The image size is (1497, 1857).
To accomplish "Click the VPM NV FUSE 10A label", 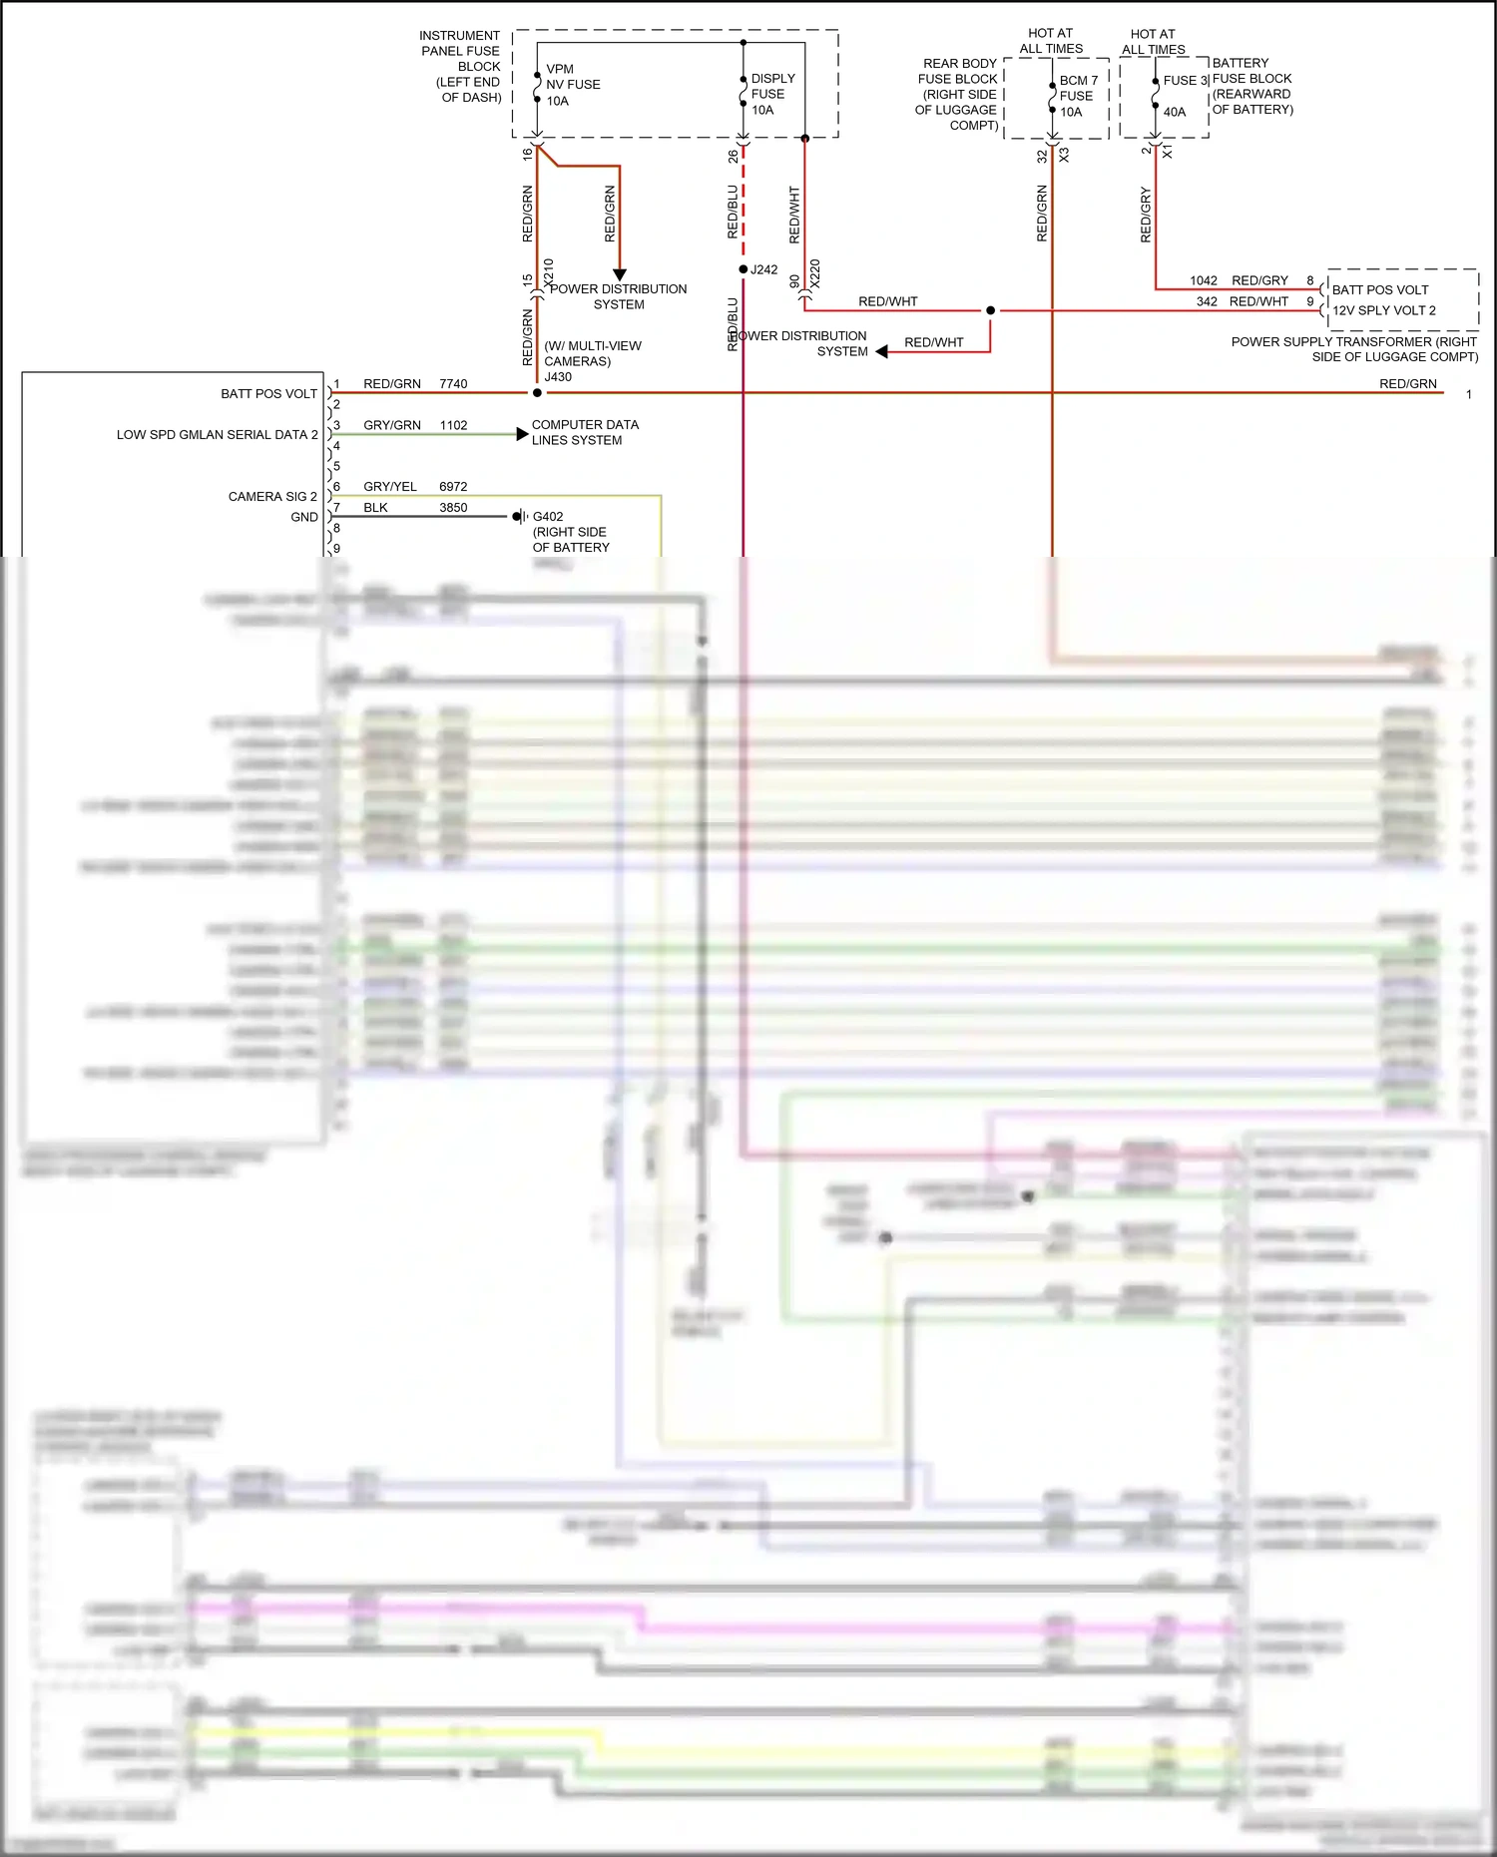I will [572, 85].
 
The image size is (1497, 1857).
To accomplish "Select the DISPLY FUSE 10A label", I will [771, 94].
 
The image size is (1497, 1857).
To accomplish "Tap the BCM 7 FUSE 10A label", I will [1078, 96].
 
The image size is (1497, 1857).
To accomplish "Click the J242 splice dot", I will [744, 269].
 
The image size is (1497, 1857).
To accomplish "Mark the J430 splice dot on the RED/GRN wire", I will [537, 393].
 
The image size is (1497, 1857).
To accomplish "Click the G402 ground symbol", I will [519, 517].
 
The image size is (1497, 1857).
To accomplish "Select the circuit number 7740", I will [453, 384].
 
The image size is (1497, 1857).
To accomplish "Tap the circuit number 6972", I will [453, 487].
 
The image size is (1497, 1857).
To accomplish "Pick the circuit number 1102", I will [453, 425].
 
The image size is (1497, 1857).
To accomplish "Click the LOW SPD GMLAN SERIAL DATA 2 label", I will [217, 435].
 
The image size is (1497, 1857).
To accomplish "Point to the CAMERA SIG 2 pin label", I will [272, 497].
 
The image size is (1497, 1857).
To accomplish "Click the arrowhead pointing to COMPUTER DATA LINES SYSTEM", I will [522, 434].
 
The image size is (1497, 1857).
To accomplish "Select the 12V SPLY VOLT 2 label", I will [1383, 310].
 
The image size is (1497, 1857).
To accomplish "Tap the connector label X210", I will [549, 273].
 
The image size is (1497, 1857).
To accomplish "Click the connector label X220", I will [814, 274].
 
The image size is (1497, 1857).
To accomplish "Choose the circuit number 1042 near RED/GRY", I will [1204, 280].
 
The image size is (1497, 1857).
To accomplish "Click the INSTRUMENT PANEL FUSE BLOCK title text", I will [461, 66].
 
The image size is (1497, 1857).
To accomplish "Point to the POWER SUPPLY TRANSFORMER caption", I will [1354, 349].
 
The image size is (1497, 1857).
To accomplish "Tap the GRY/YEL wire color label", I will [390, 487].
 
